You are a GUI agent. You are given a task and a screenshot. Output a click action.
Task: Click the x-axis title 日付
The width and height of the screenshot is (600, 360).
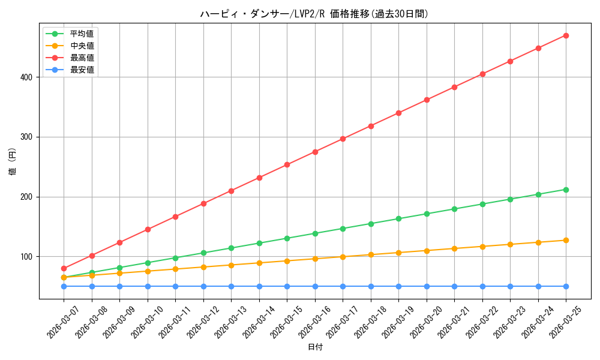point(315,347)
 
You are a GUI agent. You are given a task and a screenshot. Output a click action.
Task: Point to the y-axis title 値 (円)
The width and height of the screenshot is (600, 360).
point(12,161)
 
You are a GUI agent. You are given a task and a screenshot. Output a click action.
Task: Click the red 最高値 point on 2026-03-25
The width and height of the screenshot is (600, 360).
point(566,35)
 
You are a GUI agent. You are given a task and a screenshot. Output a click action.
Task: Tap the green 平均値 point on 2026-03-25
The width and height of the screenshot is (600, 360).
point(566,190)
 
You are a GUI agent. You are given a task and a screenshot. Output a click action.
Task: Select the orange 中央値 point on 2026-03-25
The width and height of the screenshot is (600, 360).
point(566,240)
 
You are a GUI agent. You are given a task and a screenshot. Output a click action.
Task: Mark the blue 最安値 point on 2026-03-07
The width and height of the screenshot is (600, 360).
point(64,286)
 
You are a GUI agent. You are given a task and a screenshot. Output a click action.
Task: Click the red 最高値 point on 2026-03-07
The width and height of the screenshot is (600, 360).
point(64,268)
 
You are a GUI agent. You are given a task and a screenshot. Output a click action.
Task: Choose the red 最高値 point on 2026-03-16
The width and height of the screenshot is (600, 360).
point(315,152)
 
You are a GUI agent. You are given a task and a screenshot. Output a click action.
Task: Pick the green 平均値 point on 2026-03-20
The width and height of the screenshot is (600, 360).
point(427,214)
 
